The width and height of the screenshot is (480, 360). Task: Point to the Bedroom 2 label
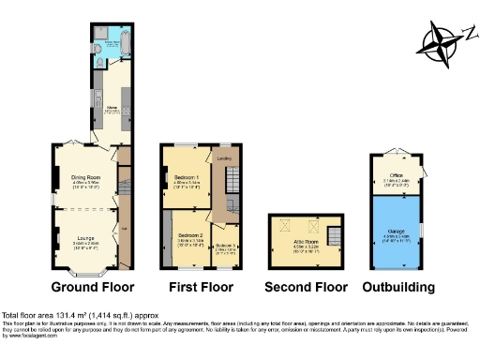(191, 234)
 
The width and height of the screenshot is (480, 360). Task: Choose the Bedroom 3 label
(226, 247)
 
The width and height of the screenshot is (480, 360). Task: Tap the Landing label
(225, 158)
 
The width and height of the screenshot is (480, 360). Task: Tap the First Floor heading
(202, 287)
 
